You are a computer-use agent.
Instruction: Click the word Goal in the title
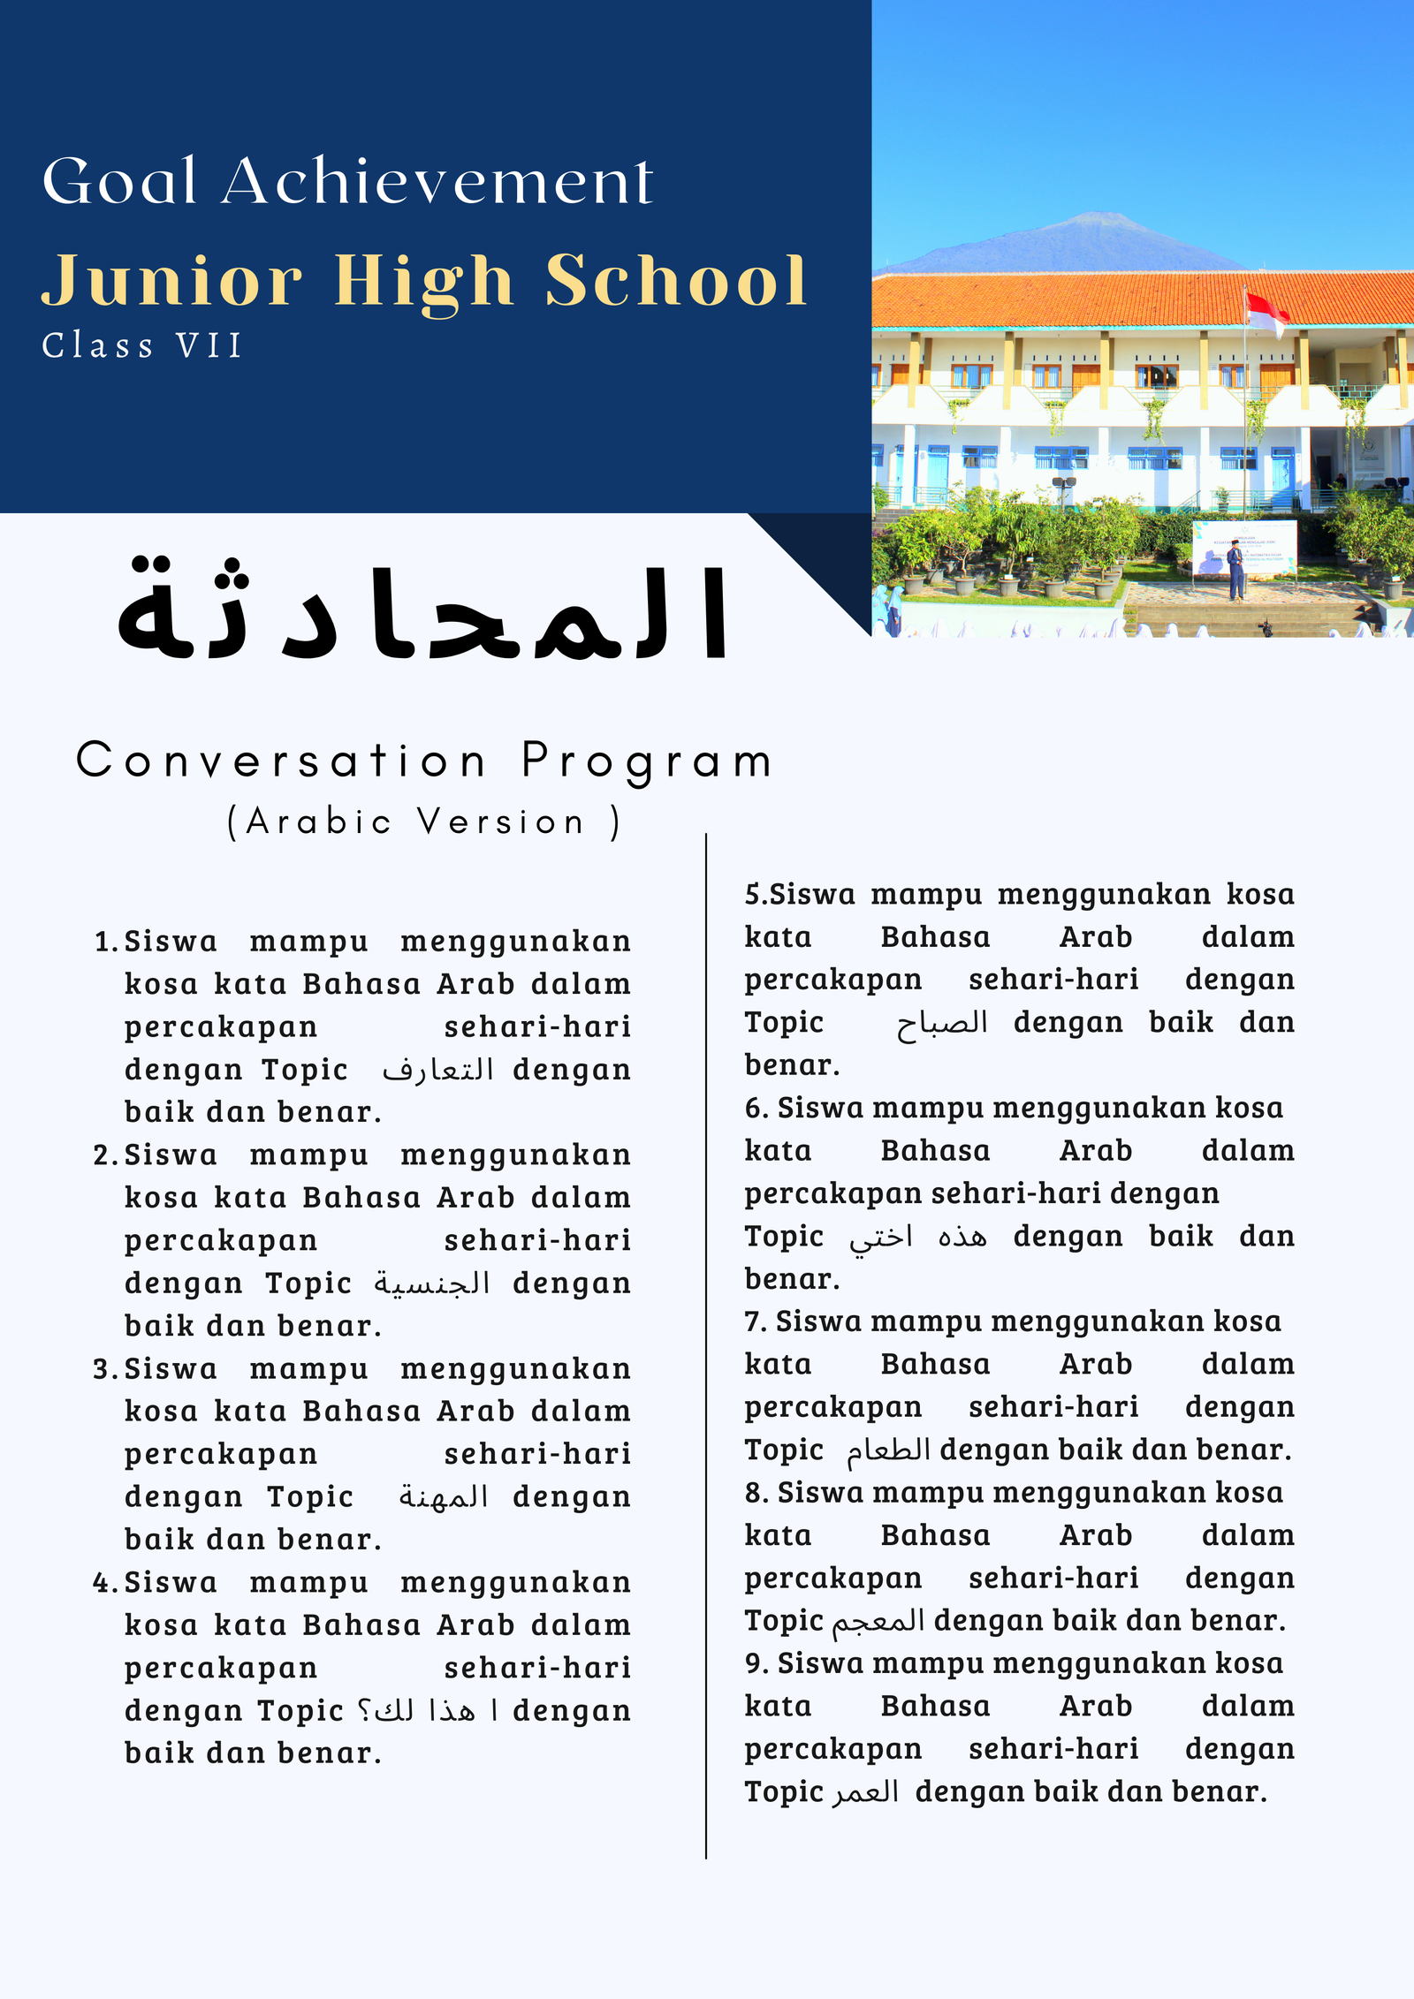[x=119, y=181]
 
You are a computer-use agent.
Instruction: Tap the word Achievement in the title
[x=437, y=181]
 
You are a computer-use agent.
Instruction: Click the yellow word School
[x=676, y=281]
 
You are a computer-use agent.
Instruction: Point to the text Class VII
[x=142, y=345]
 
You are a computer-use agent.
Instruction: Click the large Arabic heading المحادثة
[x=422, y=612]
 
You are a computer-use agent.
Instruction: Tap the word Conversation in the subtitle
[x=281, y=761]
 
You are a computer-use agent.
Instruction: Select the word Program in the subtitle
[x=647, y=761]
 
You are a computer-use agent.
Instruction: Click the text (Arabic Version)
[x=424, y=822]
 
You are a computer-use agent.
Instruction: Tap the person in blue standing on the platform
[x=1235, y=572]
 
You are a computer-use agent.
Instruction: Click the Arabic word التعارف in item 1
[x=437, y=1071]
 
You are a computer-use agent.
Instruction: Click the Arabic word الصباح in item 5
[x=942, y=1024]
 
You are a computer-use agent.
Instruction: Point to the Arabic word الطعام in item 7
[x=888, y=1450]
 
